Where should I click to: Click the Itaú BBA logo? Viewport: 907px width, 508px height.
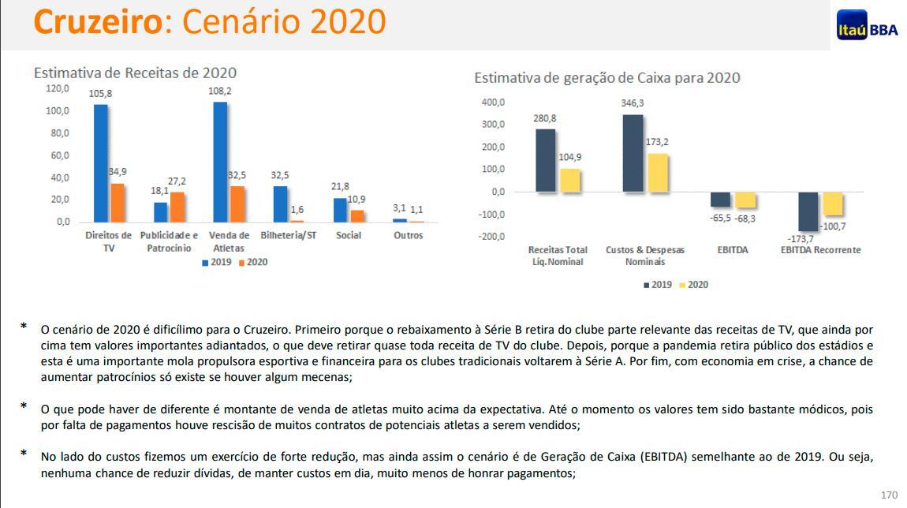867,25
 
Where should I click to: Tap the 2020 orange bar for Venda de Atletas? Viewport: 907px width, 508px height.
237,204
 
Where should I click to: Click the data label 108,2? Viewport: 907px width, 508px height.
220,92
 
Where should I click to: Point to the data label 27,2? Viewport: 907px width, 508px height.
177,181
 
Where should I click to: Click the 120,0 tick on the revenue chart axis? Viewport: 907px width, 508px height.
58,88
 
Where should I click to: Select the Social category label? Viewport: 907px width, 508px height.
348,235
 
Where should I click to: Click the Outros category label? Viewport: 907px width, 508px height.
408,235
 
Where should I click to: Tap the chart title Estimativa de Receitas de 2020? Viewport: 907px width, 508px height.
135,73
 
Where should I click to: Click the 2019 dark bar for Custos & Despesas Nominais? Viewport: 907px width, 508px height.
633,153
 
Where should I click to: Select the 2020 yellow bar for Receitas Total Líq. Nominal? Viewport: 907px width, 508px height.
569,180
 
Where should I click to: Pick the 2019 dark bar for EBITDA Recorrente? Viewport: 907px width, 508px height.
808,211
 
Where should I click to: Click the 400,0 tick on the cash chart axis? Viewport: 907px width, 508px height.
492,103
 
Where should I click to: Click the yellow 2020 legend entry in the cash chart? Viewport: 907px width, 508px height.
693,284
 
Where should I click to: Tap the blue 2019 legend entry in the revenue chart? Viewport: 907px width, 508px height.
217,262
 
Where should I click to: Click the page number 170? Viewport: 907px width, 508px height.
889,495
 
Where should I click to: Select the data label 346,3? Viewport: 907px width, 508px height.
633,103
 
